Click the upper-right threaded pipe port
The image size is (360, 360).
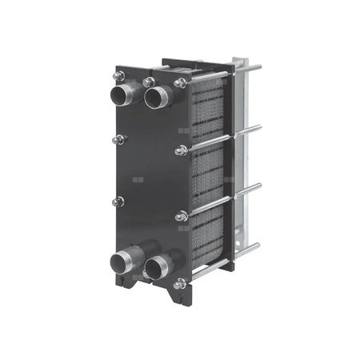[157, 98]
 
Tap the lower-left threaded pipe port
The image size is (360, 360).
[126, 260]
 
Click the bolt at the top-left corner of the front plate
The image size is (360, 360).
[119, 76]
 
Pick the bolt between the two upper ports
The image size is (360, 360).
[149, 82]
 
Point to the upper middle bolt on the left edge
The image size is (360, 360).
[119, 139]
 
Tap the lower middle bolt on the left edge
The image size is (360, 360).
[119, 202]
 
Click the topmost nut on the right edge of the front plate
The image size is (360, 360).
[180, 83]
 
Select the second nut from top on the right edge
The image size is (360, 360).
[181, 150]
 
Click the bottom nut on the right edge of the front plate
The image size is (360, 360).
[180, 282]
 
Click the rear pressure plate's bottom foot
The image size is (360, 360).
[226, 266]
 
